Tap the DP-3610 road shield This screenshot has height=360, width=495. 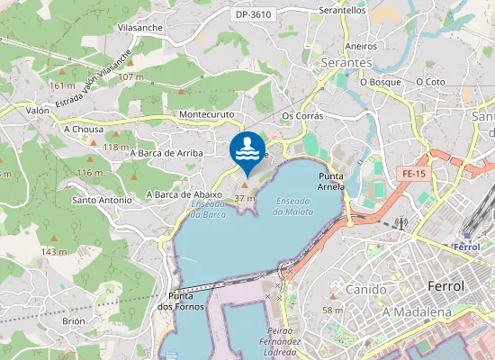tap(253, 15)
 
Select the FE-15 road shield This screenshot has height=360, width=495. tap(414, 173)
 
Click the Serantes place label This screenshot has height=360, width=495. tap(346, 63)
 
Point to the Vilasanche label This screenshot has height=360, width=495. tap(139, 28)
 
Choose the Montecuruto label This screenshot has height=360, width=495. tap(206, 115)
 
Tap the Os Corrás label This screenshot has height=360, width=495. tap(302, 116)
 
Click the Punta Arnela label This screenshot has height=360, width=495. tap(331, 182)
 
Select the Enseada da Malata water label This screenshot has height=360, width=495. tap(294, 206)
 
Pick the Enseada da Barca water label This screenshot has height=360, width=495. tap(208, 210)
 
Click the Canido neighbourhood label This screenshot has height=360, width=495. tap(365, 290)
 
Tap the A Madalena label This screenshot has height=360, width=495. tap(417, 311)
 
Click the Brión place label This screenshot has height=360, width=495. tap(73, 321)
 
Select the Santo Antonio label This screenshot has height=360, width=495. tap(102, 200)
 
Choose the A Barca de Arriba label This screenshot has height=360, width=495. tap(166, 153)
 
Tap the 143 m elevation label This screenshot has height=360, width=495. tap(54, 252)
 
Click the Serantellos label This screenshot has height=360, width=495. tap(342, 11)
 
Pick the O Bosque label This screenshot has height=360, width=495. tap(380, 82)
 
